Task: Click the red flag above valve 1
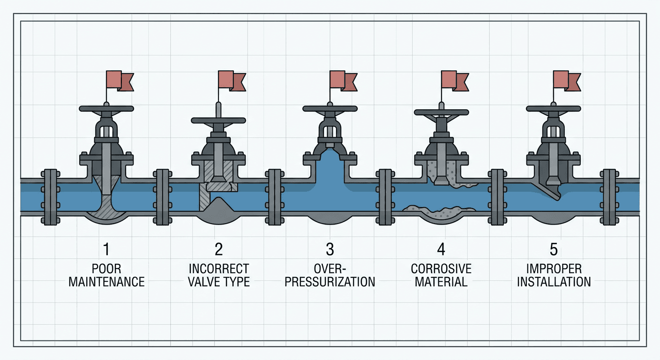(120, 81)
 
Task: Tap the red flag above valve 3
(344, 81)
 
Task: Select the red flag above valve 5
(567, 81)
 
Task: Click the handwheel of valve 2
(218, 120)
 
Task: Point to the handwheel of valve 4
(442, 112)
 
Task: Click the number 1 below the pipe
(106, 249)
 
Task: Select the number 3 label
(330, 249)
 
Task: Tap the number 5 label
(554, 249)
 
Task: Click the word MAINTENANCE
(107, 282)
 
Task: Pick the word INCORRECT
(219, 269)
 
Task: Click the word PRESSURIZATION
(330, 282)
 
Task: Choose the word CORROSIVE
(442, 269)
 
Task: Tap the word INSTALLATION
(554, 282)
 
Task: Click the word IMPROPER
(554, 269)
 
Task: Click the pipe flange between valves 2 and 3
(275, 197)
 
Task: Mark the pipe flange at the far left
(50, 197)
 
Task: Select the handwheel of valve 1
(106, 108)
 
